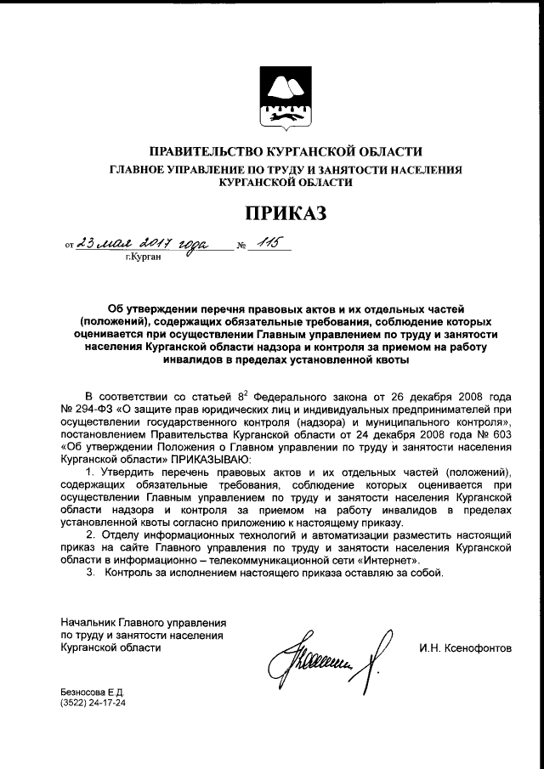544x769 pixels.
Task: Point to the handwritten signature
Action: pyautogui.click(x=330, y=653)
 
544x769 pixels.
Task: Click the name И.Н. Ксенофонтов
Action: pyautogui.click(x=465, y=648)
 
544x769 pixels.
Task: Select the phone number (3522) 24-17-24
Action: pyautogui.click(x=93, y=704)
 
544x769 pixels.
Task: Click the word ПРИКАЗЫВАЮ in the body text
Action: pyautogui.click(x=191, y=455)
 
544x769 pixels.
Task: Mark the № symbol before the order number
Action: pyautogui.click(x=241, y=247)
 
